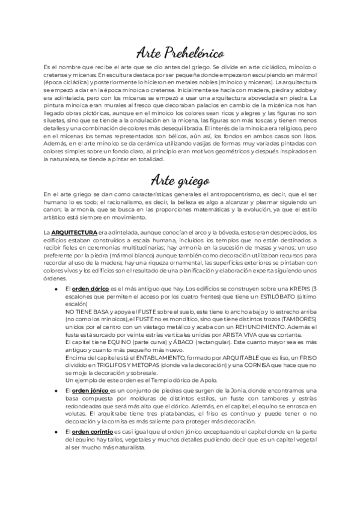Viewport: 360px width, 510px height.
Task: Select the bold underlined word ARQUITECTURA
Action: pyautogui.click(x=70, y=232)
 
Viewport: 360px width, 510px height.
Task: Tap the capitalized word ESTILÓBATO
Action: pyautogui.click(x=290, y=298)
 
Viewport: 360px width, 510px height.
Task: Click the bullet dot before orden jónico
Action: pyautogui.click(x=56, y=392)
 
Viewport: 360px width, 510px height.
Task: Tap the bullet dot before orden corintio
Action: pyautogui.click(x=56, y=449)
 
